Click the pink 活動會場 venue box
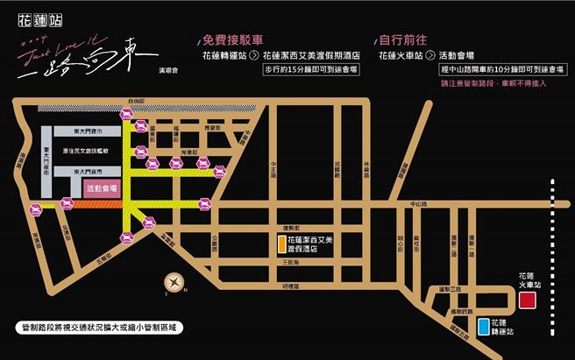101,187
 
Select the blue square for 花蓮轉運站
485,327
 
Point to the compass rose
174,283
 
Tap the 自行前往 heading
401,39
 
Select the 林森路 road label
365,163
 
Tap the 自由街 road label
134,102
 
